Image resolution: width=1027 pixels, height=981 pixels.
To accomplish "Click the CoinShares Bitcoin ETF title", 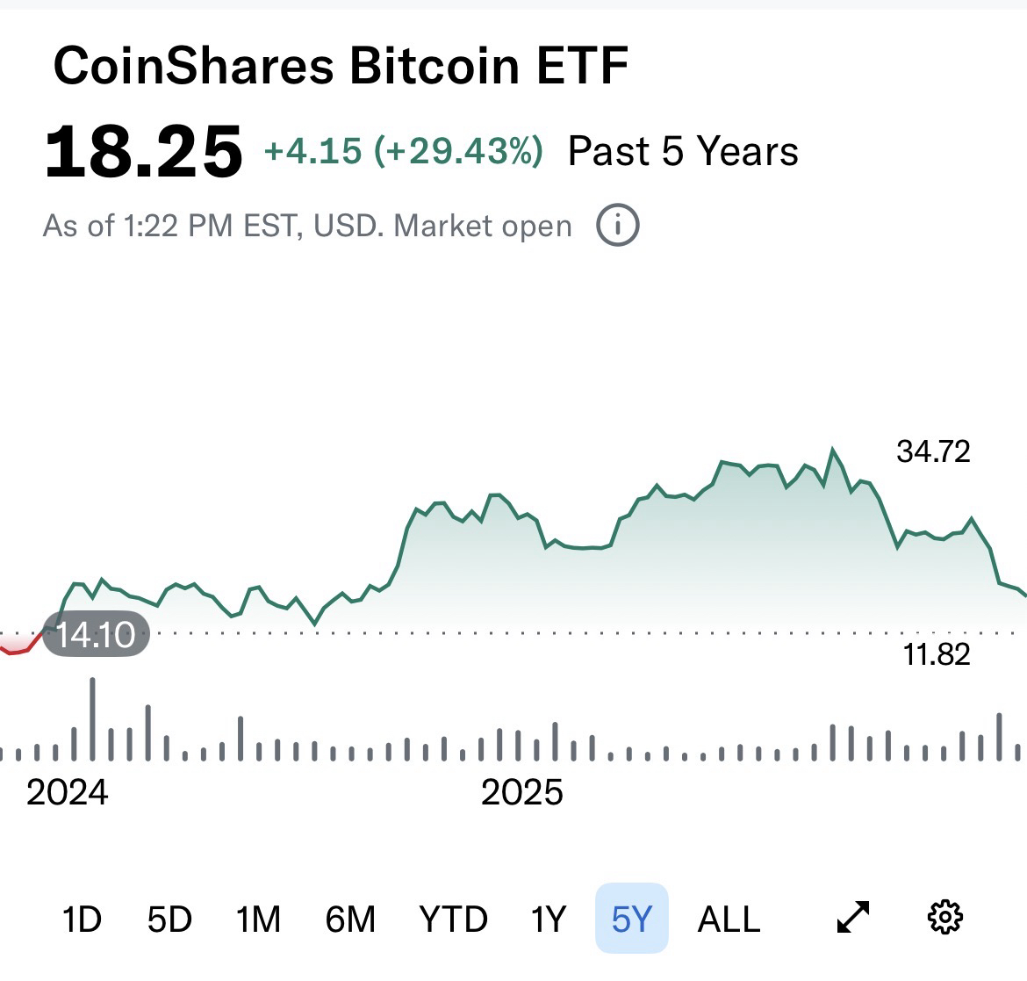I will point(341,66).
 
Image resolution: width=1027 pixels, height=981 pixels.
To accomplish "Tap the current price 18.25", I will point(143,152).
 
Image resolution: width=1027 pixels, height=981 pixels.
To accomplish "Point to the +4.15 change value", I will point(313,152).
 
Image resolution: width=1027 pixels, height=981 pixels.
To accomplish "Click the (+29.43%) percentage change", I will point(458,152).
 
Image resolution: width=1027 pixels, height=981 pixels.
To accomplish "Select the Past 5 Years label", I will point(683,152).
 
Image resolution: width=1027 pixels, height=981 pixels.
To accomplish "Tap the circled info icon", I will point(618,226).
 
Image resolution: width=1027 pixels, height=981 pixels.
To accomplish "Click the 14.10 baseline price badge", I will point(96,633).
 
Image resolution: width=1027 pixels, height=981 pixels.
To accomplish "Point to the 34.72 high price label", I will point(933,451).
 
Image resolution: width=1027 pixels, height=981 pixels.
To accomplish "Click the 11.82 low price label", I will point(937,654).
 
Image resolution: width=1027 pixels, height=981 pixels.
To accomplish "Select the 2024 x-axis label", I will point(68,792).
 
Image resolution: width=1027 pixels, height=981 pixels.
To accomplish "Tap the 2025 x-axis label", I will point(522,792).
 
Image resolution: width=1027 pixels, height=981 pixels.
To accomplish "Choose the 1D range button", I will point(82,920).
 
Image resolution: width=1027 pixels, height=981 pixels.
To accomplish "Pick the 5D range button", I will point(169,920).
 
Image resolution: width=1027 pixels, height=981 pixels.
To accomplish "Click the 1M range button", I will point(258,920).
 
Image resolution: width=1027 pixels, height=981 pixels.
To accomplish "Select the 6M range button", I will point(350,920).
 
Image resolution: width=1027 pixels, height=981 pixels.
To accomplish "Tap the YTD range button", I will point(453,920).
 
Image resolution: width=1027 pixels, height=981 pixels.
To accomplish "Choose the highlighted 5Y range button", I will point(632,919).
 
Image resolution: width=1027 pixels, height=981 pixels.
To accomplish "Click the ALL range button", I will point(729,920).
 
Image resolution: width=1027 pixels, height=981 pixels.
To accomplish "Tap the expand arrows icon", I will point(853,918).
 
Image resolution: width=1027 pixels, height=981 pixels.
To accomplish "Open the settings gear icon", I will point(944,918).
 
